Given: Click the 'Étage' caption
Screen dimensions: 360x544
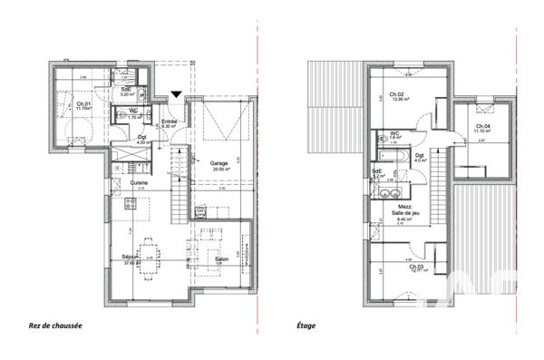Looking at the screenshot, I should [x=306, y=324].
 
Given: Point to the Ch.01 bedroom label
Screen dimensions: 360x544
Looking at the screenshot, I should [x=83, y=104].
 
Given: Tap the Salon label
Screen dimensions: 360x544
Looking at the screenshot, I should [x=220, y=258].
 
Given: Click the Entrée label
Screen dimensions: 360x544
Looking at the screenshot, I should [x=170, y=122].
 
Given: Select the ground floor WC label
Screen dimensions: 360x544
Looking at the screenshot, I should [x=133, y=111].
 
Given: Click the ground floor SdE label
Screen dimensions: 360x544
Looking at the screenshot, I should [x=127, y=88].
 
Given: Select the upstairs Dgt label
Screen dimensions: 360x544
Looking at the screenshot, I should [x=419, y=155].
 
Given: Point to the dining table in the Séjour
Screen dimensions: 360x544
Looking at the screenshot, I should [x=148, y=249].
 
